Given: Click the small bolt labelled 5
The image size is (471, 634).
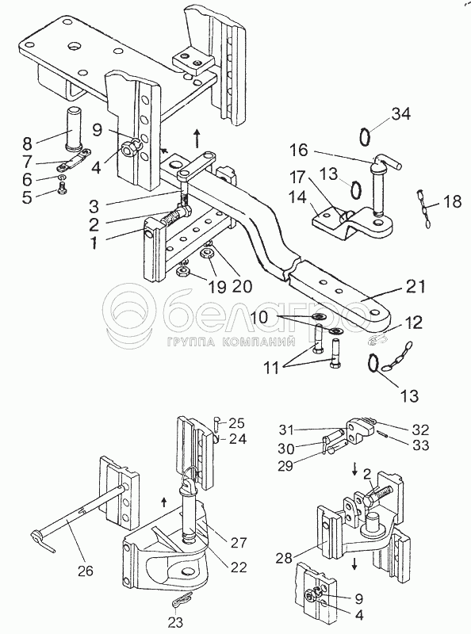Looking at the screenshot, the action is (62, 188).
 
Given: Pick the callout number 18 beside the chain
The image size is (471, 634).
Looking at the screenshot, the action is (452, 201).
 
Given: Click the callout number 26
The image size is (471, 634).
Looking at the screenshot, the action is (86, 571).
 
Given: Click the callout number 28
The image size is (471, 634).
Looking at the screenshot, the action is (285, 559).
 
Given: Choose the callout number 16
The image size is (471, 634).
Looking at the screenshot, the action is (299, 151).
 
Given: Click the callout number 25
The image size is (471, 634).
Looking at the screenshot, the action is (237, 423).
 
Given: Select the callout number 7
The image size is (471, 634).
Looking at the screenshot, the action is (28, 162).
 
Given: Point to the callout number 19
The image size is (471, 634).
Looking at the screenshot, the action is (216, 287).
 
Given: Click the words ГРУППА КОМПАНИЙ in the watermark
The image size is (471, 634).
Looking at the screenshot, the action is (230, 342).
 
